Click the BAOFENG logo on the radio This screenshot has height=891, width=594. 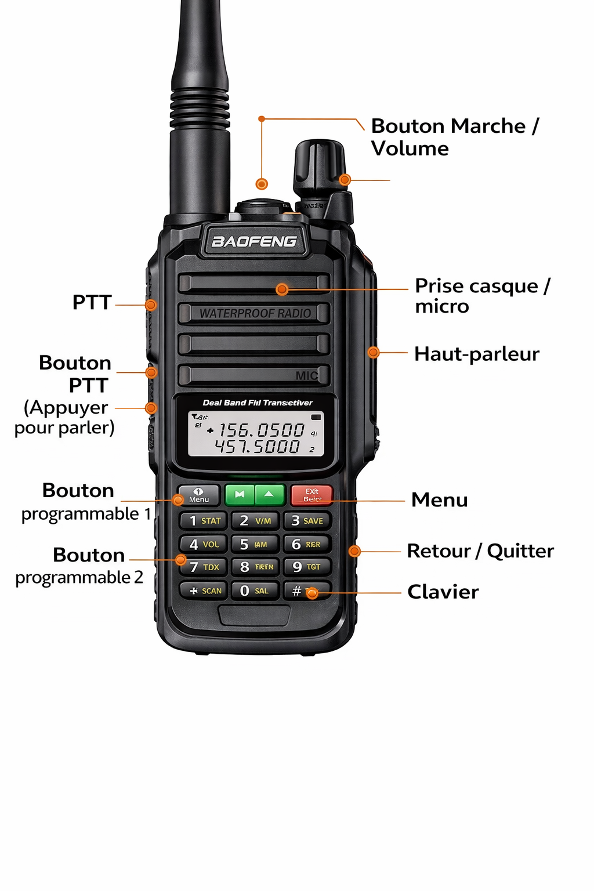tap(254, 241)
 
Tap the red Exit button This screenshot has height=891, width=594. tap(312, 495)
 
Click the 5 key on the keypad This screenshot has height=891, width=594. tap(254, 544)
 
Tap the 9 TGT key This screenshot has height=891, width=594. tap(307, 567)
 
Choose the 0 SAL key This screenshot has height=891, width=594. tap(254, 591)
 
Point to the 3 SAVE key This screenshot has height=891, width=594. tap(307, 520)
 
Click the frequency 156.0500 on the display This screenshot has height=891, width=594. tap(261, 430)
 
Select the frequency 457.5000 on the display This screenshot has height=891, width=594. tap(258, 446)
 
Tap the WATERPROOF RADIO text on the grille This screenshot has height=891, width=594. tap(255, 313)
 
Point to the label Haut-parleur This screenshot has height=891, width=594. tap(476, 354)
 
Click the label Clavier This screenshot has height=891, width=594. tap(443, 592)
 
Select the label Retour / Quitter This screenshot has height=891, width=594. tap(480, 550)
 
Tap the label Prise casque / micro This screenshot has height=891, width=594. tap(482, 296)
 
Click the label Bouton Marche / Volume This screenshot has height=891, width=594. tap(455, 137)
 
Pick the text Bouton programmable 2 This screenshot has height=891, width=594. tap(80, 566)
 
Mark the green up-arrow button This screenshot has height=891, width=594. tap(269, 494)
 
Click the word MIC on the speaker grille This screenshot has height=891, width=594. tap(306, 375)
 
